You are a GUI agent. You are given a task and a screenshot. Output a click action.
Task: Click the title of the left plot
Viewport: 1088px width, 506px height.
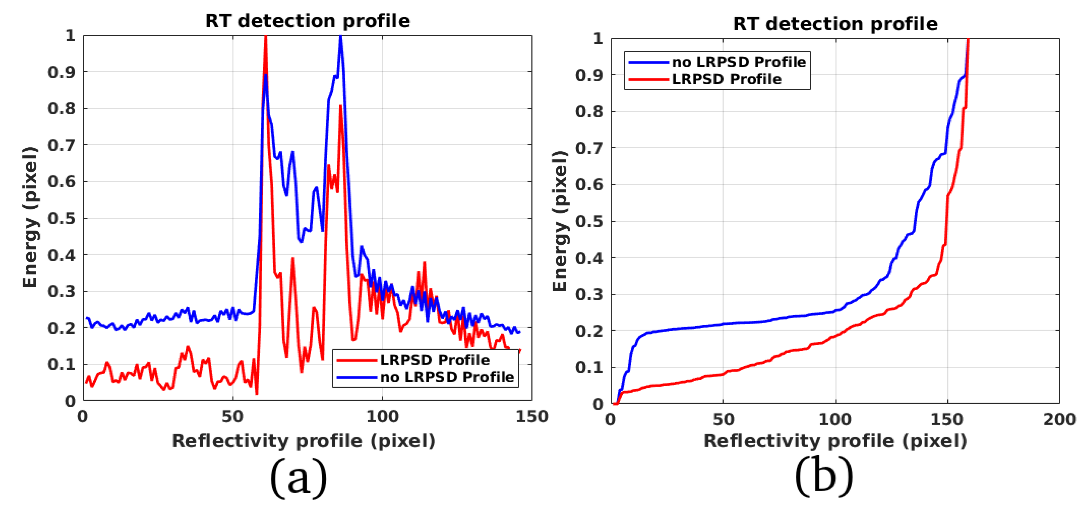pyautogui.click(x=308, y=21)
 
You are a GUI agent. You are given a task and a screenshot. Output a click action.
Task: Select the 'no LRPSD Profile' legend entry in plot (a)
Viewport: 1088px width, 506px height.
pyautogui.click(x=447, y=377)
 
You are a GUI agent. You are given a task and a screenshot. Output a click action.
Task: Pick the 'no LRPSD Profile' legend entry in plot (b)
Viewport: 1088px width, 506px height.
pyautogui.click(x=739, y=62)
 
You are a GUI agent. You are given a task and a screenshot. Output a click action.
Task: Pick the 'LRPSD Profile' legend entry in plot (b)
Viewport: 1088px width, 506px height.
pyautogui.click(x=726, y=79)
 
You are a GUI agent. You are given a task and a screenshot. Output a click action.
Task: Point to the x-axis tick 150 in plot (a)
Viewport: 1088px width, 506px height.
pyautogui.click(x=531, y=416)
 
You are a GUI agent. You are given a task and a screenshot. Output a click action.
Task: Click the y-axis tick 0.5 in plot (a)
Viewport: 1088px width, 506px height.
pyautogui.click(x=61, y=218)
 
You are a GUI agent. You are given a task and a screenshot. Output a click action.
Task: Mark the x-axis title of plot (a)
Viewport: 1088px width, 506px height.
pyautogui.click(x=303, y=441)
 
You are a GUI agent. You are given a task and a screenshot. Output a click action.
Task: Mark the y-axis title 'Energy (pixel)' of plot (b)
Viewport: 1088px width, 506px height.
pyautogui.click(x=560, y=220)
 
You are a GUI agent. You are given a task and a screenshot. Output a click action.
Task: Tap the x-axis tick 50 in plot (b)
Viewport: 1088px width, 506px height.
pyautogui.click(x=723, y=419)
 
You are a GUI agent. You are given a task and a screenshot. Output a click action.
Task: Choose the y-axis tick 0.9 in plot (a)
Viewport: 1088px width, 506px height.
pyautogui.click(x=61, y=72)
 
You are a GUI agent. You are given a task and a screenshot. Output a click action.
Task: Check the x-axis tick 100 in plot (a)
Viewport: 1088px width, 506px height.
pyautogui.click(x=382, y=416)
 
